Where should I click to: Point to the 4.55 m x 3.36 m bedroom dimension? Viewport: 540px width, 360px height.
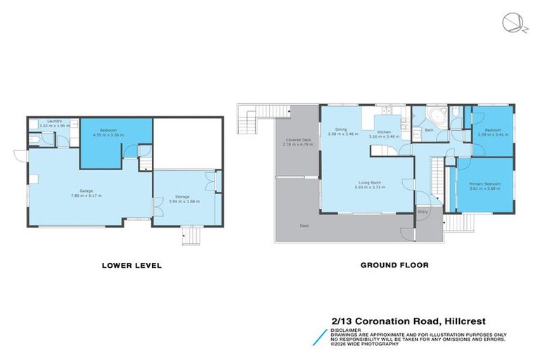click(108, 134)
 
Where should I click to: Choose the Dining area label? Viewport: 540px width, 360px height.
click(341, 129)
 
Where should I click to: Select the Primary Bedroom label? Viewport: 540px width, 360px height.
click(482, 184)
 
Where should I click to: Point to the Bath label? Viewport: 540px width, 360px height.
click(428, 130)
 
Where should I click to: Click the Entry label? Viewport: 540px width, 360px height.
click(423, 211)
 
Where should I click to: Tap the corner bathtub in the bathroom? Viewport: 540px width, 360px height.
click(437, 116)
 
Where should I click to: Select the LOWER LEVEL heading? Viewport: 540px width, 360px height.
click(131, 266)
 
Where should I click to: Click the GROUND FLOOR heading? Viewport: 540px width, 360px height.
click(394, 266)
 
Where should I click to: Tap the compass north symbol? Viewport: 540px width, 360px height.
click(511, 23)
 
